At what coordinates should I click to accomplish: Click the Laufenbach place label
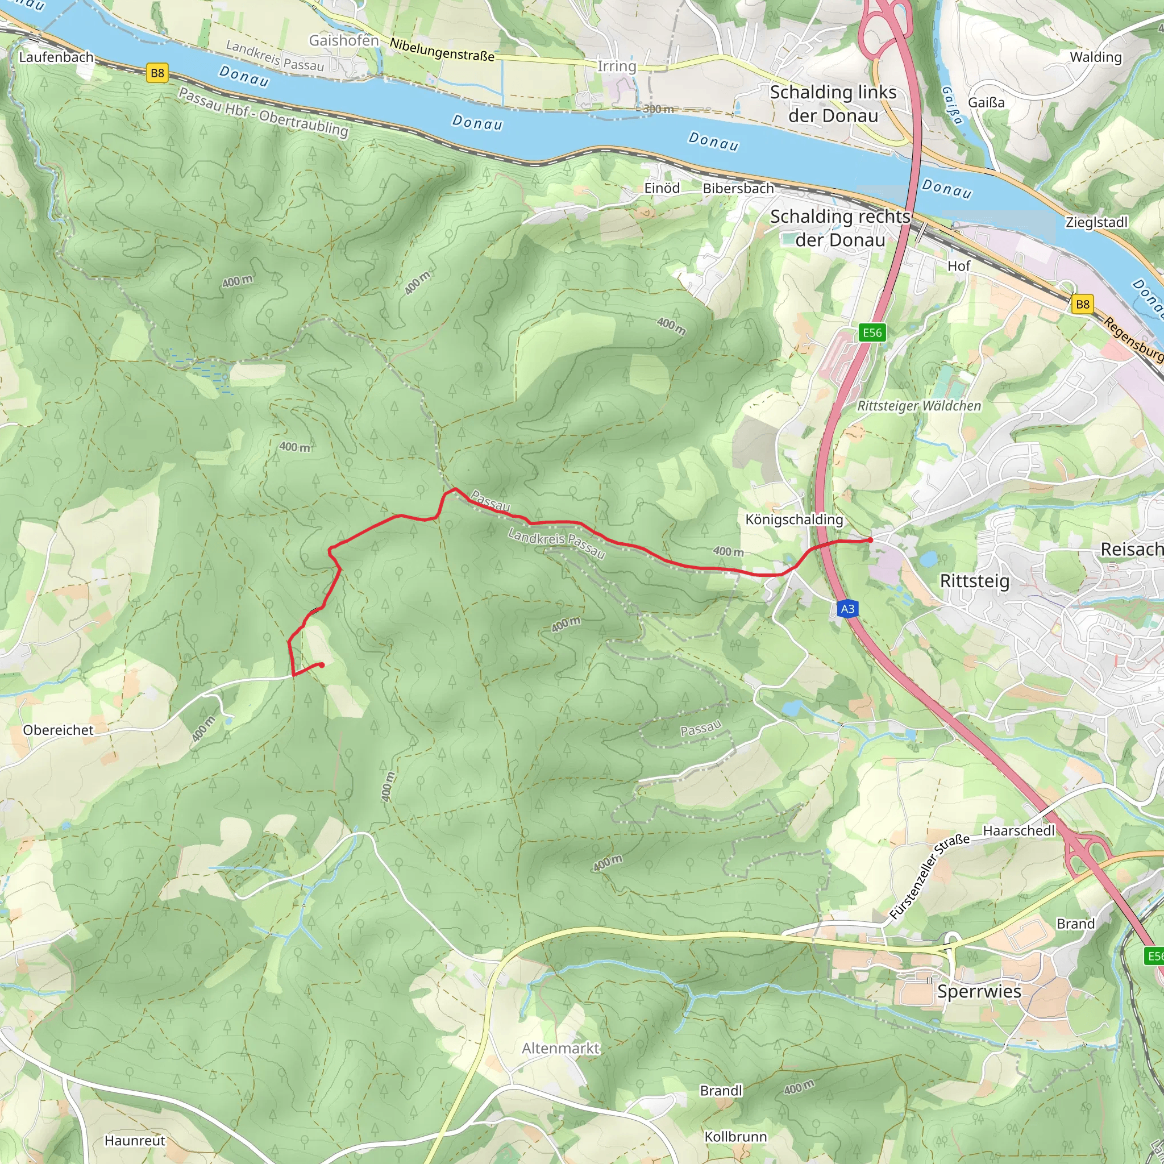(x=56, y=57)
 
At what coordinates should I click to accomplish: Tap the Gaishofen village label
(x=344, y=40)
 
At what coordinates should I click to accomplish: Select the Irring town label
(x=616, y=66)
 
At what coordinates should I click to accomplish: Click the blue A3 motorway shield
(x=847, y=609)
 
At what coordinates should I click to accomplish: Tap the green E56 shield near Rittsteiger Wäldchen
(x=872, y=332)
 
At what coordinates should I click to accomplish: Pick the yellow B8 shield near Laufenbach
(x=157, y=73)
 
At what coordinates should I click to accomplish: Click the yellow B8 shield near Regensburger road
(x=1083, y=304)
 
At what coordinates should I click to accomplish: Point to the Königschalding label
(x=794, y=519)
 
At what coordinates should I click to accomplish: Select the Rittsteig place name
(x=974, y=581)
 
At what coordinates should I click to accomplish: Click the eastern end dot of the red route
(x=870, y=541)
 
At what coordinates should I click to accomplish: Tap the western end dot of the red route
(x=322, y=665)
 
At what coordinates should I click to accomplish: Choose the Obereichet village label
(x=59, y=730)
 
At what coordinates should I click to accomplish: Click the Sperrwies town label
(x=979, y=991)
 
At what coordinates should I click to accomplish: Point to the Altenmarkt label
(x=560, y=1048)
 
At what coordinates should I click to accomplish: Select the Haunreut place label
(x=134, y=1141)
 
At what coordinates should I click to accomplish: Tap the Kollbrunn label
(x=735, y=1136)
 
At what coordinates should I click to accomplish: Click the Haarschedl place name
(x=1019, y=830)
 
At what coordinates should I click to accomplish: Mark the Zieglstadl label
(x=1096, y=222)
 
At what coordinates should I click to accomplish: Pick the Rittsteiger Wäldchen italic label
(x=919, y=406)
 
